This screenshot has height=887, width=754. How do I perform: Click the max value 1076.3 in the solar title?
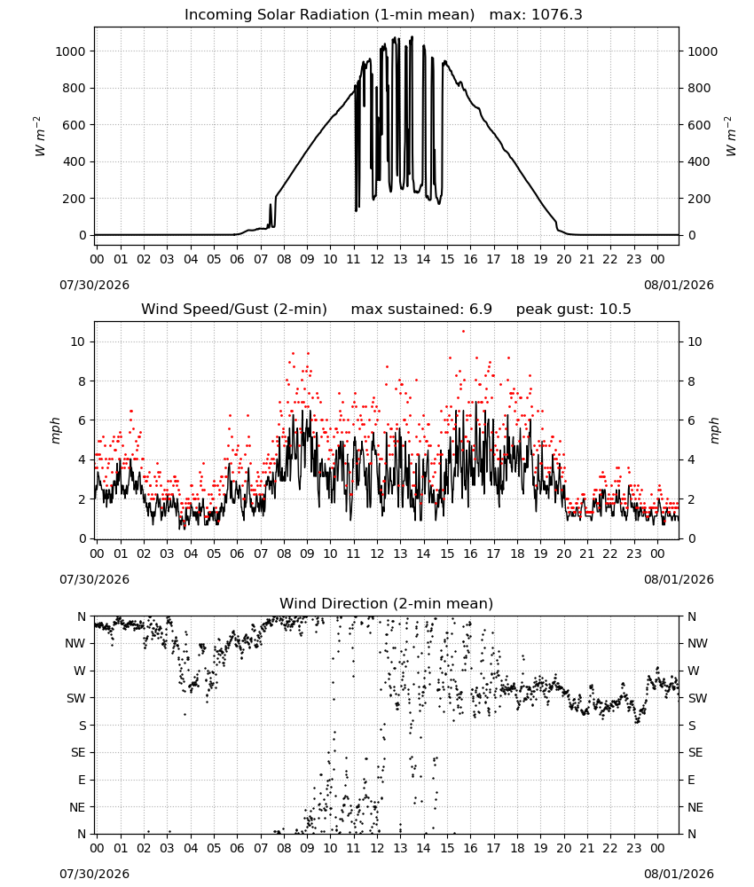(556, 15)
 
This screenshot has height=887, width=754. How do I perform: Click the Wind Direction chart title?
(387, 603)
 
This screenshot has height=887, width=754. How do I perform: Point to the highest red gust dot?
(463, 331)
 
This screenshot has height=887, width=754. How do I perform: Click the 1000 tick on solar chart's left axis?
(70, 51)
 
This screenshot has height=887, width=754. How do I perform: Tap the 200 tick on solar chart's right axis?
(699, 199)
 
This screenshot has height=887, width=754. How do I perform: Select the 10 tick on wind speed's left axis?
(78, 341)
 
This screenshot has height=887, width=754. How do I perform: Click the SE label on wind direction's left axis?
(78, 752)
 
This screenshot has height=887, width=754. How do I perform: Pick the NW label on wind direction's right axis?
(697, 643)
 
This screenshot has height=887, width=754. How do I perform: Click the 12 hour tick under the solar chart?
(377, 259)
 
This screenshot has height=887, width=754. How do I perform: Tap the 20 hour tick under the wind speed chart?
(564, 553)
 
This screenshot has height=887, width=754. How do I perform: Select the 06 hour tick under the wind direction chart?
(237, 848)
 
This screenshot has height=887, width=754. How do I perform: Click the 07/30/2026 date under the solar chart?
(94, 285)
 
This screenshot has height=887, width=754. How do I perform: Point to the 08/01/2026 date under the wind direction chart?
(679, 874)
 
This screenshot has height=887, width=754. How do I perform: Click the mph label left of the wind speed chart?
(55, 430)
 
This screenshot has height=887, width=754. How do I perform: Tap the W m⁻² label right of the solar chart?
(730, 137)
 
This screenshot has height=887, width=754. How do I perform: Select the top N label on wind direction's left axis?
(82, 616)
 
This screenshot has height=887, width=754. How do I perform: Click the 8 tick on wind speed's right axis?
(691, 381)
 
